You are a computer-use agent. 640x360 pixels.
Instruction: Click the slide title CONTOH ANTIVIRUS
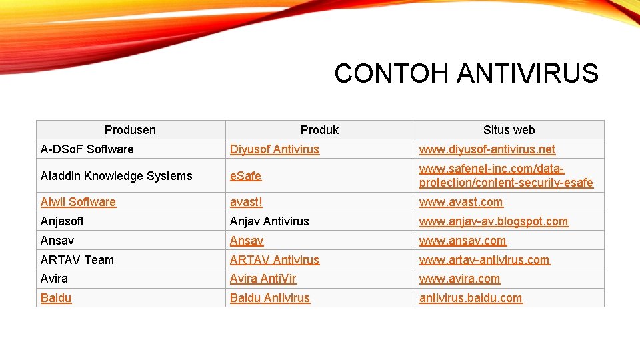tap(466, 73)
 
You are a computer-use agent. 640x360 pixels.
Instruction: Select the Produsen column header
tap(130, 130)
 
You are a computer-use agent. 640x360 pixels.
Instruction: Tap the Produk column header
tap(319, 130)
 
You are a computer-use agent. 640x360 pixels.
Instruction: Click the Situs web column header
tap(509, 130)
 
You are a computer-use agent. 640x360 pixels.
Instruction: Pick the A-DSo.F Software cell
tap(87, 149)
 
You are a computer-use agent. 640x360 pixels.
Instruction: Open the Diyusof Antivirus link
tap(275, 149)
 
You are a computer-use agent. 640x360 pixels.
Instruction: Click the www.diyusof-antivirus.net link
tap(487, 149)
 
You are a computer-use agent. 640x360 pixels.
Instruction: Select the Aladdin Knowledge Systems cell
tap(116, 176)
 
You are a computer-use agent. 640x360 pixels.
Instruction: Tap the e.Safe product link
tap(245, 176)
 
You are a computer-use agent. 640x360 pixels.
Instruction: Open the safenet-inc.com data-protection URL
tap(505, 176)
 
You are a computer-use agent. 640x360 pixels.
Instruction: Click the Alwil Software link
tap(78, 202)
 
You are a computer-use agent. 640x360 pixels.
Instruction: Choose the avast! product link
tap(246, 202)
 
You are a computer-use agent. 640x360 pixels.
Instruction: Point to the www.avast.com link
tap(461, 202)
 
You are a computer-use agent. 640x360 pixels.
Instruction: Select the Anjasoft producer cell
tap(62, 221)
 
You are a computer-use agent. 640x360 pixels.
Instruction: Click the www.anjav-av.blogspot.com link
tap(493, 221)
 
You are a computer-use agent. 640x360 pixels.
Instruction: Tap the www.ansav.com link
tap(463, 241)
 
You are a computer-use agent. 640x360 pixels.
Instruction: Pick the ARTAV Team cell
tap(77, 260)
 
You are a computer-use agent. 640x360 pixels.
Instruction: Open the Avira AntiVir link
tap(263, 279)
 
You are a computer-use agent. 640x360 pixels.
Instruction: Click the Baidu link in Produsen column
tap(56, 298)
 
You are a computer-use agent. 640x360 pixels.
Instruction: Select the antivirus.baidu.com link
tap(471, 298)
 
